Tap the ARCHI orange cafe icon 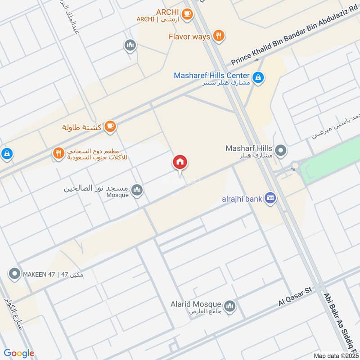tap(188, 15)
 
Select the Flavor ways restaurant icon tap(219, 36)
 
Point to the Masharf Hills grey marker tap(281, 151)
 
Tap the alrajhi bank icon tap(270, 198)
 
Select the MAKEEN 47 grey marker tap(15, 273)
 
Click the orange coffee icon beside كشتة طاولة tap(110, 127)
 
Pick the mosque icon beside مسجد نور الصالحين tap(137, 190)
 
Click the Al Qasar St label tap(295, 298)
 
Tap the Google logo tap(19, 353)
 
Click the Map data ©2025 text tap(335, 355)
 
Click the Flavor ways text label tap(189, 36)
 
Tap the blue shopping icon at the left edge tap(6, 154)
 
